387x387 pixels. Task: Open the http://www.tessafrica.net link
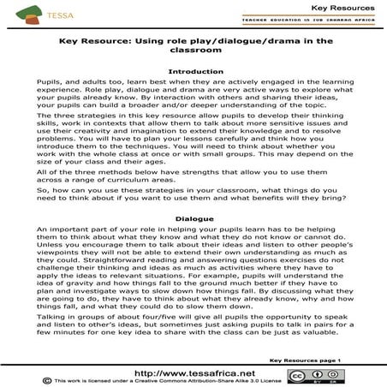191,373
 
